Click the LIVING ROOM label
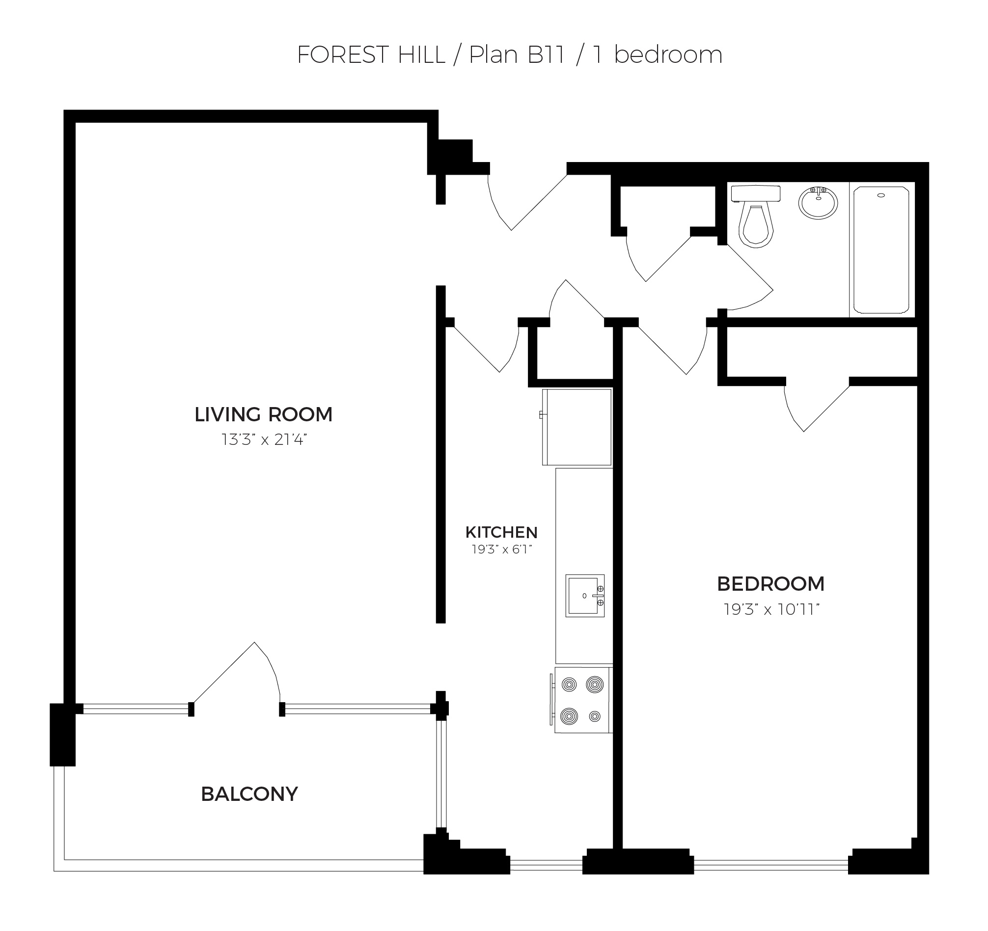point(263,414)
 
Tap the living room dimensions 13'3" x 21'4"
point(264,440)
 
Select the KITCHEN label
point(501,532)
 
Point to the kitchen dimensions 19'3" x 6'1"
point(502,549)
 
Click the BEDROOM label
point(771,584)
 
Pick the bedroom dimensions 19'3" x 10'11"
point(771,609)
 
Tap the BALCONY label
point(249,794)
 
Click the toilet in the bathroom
point(755,216)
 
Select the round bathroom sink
point(818,202)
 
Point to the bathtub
point(881,250)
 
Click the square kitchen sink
point(585,596)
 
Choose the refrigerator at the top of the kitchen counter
point(576,427)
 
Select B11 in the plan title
point(546,55)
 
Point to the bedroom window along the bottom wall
point(771,866)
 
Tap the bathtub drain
point(881,195)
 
